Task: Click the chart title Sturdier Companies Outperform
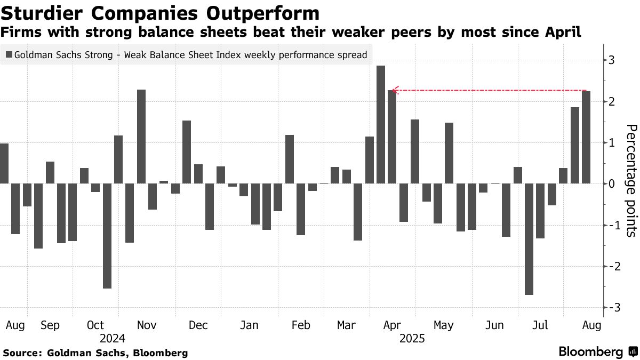[x=160, y=13]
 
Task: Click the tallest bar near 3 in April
[x=381, y=124]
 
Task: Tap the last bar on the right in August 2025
[x=586, y=137]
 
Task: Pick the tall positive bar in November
[x=141, y=136]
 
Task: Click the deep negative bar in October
[x=107, y=236]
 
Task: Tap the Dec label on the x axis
[x=198, y=325]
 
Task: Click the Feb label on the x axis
[x=301, y=325]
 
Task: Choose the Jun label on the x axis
[x=495, y=325]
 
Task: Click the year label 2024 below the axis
[x=112, y=338]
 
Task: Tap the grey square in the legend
[x=9, y=54]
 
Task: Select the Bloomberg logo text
[x=590, y=352]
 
